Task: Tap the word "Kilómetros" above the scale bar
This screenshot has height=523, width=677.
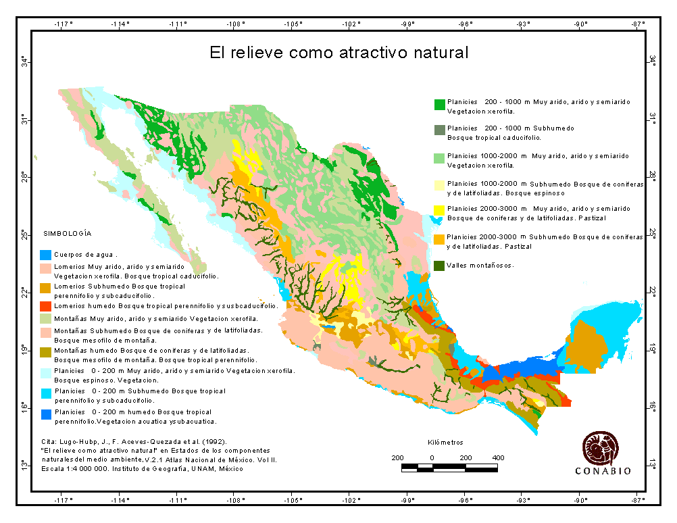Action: pos(446,443)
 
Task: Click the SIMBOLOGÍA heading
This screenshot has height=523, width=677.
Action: pos(68,233)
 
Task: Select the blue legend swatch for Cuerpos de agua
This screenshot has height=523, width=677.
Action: pos(45,255)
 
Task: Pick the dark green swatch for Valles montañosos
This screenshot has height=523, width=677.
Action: pos(439,266)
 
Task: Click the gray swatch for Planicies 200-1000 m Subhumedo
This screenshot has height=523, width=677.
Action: pos(439,130)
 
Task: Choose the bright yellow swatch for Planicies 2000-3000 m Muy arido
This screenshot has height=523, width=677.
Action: pos(439,211)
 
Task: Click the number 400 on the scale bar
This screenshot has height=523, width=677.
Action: pos(498,457)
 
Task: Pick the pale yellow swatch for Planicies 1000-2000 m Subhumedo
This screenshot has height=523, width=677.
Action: pos(439,186)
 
